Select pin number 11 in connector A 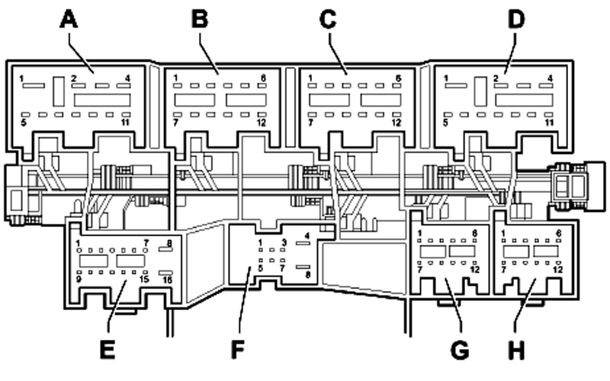(125, 123)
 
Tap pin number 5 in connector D (446, 122)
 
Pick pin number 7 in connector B (176, 123)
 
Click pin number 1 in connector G (420, 233)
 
